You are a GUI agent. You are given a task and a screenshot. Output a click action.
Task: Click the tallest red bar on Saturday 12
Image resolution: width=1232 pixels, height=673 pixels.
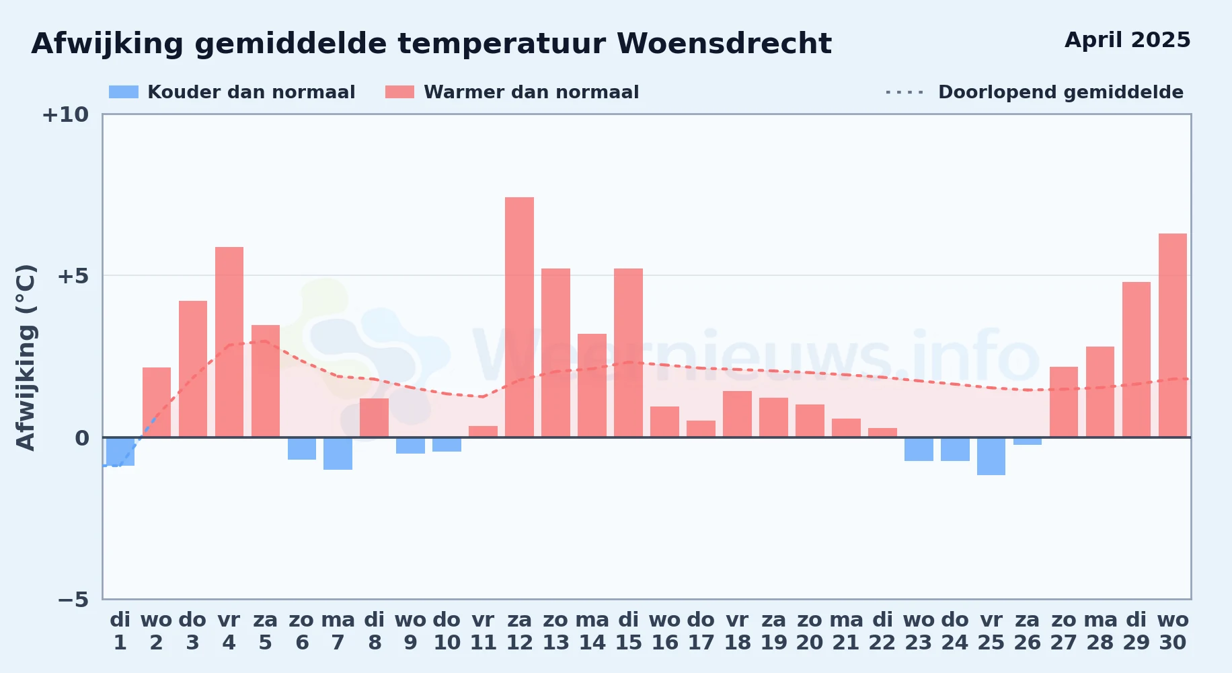point(519,317)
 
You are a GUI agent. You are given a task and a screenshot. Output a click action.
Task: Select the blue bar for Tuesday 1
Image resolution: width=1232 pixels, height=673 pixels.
point(120,452)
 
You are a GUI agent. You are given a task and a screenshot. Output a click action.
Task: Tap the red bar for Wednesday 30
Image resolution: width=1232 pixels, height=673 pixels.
point(1173,335)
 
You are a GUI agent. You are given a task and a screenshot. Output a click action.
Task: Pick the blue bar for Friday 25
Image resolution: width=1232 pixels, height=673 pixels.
point(991,456)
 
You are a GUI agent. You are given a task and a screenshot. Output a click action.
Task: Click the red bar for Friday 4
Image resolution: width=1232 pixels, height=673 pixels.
point(229,342)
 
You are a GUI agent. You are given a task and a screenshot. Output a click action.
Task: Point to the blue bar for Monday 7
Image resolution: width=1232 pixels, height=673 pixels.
point(338,454)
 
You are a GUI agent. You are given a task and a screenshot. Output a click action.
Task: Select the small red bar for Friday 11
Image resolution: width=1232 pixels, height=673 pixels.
point(483,431)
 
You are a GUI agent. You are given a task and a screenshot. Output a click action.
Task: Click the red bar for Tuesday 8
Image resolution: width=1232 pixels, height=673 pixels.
point(374,417)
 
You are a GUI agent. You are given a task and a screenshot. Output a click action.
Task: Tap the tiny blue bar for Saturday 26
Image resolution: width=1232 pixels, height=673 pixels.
point(1028,441)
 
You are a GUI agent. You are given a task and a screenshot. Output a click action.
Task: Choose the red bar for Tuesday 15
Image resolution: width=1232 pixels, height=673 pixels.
point(628,353)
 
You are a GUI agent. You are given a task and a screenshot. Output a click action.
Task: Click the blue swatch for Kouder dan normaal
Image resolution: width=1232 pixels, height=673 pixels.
point(124,92)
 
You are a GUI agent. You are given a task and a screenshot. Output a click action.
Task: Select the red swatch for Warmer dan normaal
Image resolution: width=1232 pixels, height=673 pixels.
point(400,92)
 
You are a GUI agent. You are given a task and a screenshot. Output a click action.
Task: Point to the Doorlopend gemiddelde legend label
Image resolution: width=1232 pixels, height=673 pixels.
point(1061,92)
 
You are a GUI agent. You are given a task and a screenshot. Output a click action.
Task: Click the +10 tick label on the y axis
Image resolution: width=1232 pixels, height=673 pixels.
point(65,114)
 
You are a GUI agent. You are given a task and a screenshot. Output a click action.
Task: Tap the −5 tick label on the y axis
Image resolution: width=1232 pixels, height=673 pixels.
point(73,599)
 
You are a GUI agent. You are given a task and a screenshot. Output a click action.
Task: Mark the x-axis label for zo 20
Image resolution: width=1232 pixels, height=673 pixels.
point(810,631)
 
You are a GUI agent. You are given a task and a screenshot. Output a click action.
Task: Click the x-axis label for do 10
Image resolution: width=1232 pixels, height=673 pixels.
point(447,631)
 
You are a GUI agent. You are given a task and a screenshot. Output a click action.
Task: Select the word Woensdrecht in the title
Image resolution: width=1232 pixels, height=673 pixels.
point(724,44)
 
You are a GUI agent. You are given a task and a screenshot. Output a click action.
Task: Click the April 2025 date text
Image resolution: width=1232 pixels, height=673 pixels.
point(1128,40)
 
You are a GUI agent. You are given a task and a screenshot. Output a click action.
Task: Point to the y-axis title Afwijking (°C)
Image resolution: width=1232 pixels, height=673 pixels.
point(26,357)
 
